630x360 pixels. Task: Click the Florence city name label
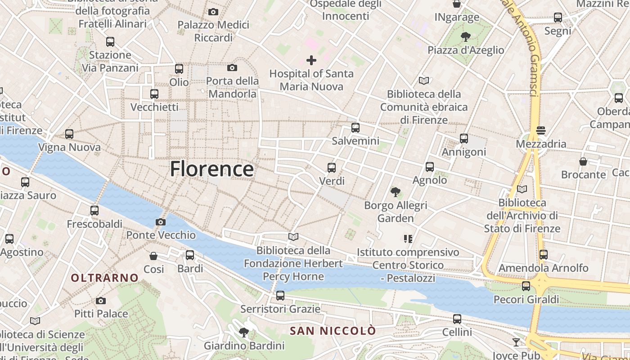(x=211, y=169)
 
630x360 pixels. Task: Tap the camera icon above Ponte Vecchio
(x=160, y=222)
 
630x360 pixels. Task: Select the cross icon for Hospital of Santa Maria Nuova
(x=311, y=60)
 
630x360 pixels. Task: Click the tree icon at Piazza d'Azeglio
(x=466, y=37)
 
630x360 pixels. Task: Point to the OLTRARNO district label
(x=104, y=278)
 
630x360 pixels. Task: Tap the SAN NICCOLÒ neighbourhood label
(x=333, y=331)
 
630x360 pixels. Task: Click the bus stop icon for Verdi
(x=332, y=168)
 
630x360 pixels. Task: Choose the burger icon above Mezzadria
(x=541, y=131)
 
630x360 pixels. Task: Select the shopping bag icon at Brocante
(x=583, y=161)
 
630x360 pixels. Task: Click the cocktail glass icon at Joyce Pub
(x=516, y=342)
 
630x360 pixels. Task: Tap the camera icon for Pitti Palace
(x=101, y=301)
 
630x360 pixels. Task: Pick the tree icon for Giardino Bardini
(x=244, y=333)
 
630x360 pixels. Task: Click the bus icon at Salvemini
(x=355, y=128)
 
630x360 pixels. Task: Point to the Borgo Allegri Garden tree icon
(x=396, y=192)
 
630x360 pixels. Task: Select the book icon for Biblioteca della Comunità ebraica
(x=424, y=81)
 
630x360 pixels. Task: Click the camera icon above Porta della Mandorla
(x=232, y=68)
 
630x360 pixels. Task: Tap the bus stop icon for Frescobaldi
(x=94, y=211)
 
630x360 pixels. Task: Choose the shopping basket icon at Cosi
(x=153, y=256)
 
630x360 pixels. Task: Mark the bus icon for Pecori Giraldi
(x=526, y=286)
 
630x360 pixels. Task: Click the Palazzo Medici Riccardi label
(x=213, y=31)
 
